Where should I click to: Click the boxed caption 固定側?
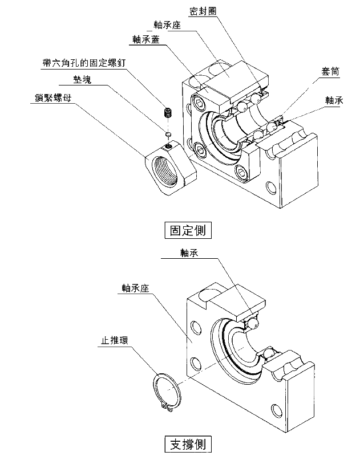pyautogui.click(x=188, y=230)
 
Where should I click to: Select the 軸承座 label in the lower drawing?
pyautogui.click(x=135, y=288)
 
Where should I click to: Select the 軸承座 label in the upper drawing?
pyautogui.click(x=168, y=25)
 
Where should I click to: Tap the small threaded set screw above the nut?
pyautogui.click(x=168, y=112)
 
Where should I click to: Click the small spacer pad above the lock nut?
pyautogui.click(x=168, y=134)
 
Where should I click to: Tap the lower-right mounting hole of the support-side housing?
pyautogui.click(x=277, y=410)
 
